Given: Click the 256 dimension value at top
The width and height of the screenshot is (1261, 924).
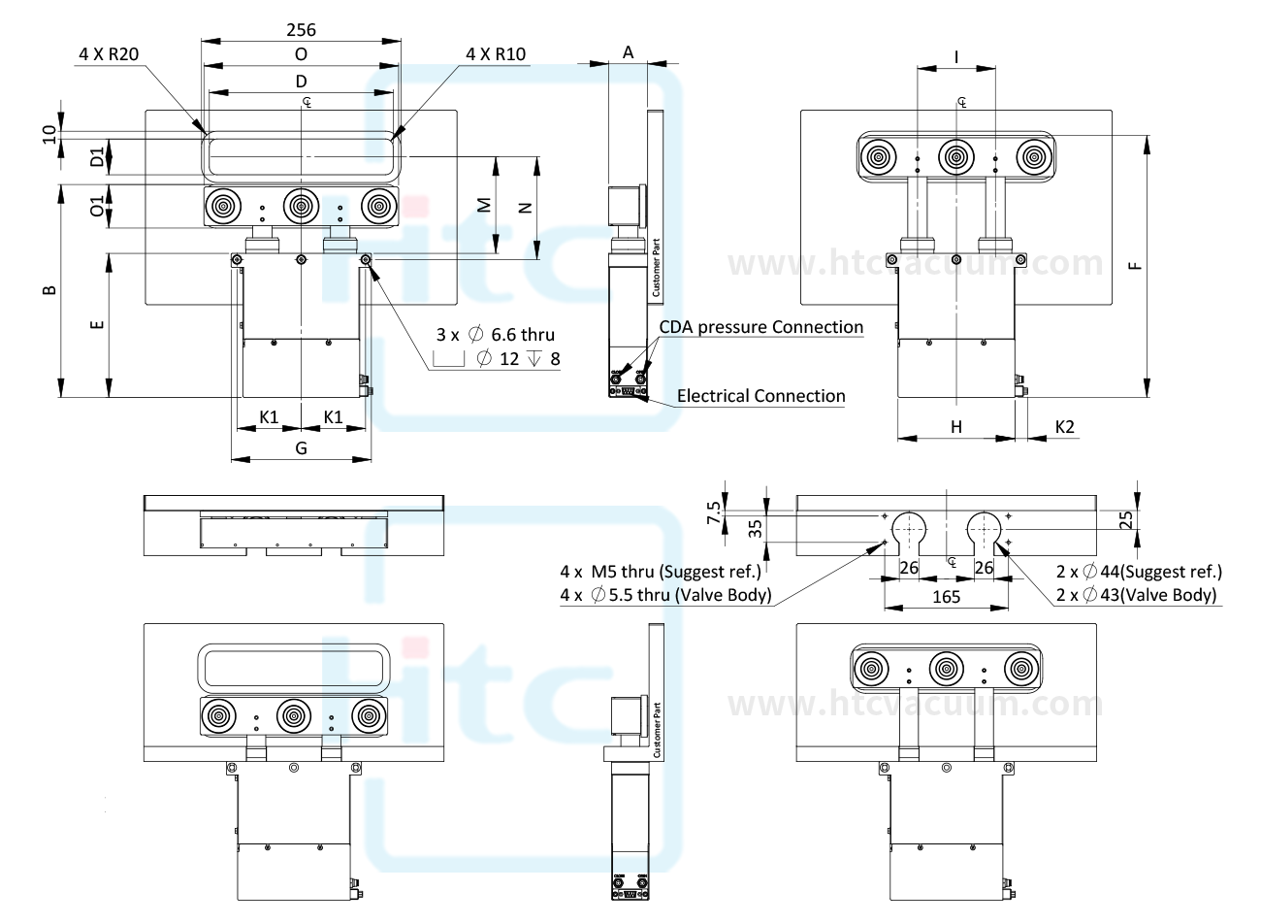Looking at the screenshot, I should [x=301, y=30].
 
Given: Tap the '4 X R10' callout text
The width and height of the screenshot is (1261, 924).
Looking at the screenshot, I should [x=496, y=54].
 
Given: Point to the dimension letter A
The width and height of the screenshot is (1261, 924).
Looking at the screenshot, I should [x=628, y=53].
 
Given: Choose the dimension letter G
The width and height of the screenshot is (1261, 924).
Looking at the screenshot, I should [x=301, y=448].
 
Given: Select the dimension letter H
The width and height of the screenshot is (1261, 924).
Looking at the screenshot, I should [x=955, y=426].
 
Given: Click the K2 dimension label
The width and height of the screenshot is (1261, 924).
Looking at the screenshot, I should [x=1064, y=426].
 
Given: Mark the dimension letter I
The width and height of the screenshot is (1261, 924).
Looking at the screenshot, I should [x=956, y=57].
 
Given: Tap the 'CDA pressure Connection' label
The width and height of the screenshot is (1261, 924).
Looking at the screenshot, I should [x=761, y=327].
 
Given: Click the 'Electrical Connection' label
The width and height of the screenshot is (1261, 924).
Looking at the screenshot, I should [x=760, y=396].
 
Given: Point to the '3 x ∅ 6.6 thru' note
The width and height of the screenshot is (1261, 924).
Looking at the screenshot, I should [x=495, y=335].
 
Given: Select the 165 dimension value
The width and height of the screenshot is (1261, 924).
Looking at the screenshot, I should [x=946, y=597].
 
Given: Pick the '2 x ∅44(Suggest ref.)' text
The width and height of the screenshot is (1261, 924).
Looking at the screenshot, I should [x=1138, y=572].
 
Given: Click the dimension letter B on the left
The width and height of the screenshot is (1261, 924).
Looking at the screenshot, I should [x=51, y=289].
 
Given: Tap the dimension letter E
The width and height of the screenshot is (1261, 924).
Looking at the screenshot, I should [x=97, y=324].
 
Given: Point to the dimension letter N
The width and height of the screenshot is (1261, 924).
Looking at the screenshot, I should [x=525, y=207].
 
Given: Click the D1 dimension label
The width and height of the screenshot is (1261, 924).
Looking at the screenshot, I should [x=97, y=157].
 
